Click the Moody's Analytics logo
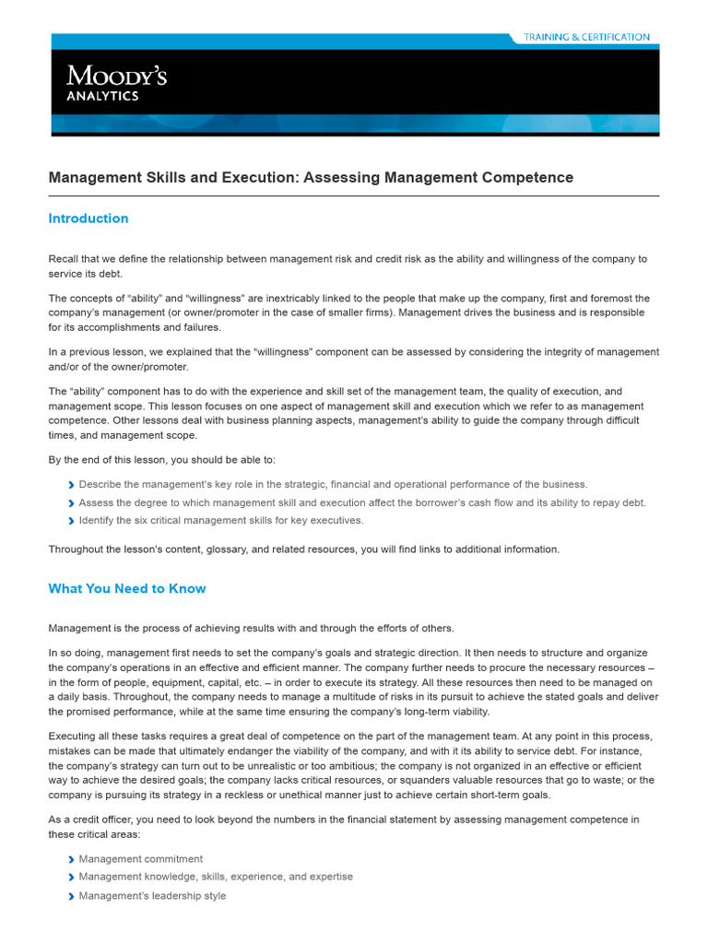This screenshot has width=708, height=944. (115, 81)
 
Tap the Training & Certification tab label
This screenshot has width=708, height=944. (586, 37)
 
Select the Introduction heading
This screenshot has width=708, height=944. (88, 218)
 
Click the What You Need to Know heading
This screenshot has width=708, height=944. (127, 588)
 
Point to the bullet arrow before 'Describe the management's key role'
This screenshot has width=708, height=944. (72, 485)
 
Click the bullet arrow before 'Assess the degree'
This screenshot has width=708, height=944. (72, 503)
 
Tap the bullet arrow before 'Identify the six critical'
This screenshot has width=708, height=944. (72, 521)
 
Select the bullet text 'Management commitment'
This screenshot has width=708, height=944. (141, 858)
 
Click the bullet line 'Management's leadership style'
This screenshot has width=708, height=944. (152, 895)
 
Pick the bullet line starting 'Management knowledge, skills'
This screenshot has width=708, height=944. (216, 877)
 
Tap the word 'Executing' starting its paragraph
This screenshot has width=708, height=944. (72, 736)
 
